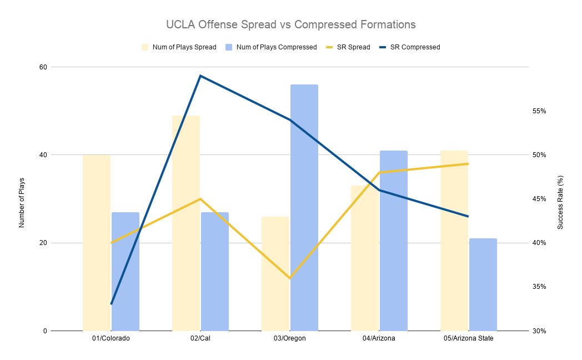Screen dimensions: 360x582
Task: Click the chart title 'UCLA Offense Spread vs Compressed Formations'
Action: tap(291, 25)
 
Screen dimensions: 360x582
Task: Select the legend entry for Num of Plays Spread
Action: tap(184, 47)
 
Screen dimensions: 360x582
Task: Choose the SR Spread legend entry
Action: tap(353, 47)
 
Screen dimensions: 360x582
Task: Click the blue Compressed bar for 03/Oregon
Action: tap(304, 208)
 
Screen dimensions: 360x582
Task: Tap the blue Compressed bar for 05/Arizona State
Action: tap(483, 284)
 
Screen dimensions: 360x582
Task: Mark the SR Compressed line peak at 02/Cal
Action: tap(200, 76)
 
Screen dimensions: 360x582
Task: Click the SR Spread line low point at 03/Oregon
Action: tap(290, 278)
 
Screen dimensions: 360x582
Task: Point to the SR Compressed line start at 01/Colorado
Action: tap(111, 304)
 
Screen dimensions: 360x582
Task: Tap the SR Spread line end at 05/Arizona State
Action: tap(468, 164)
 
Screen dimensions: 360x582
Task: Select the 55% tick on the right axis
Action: tap(539, 111)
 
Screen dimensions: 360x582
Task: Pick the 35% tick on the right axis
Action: tap(539, 287)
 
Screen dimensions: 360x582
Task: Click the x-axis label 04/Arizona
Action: tap(379, 338)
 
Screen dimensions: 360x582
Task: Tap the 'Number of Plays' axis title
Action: tap(22, 199)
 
